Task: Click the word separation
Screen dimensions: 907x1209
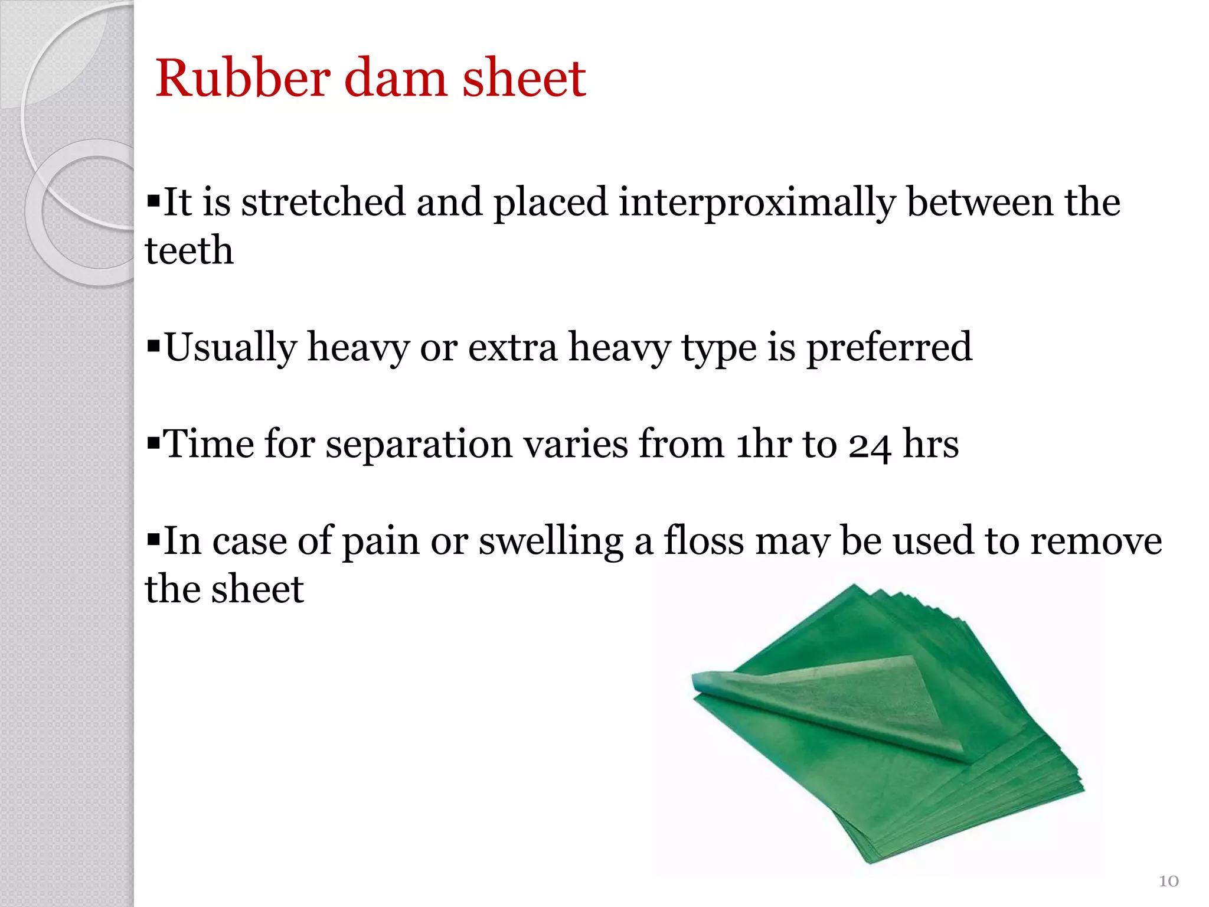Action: pos(419,444)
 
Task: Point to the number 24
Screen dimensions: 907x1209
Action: pos(870,445)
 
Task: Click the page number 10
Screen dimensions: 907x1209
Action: pos(1168,881)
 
